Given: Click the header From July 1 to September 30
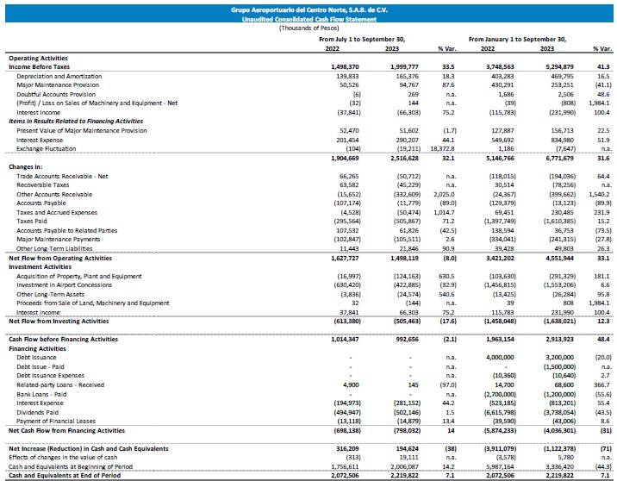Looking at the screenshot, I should [373, 40].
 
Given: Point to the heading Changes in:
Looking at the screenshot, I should [28, 166].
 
